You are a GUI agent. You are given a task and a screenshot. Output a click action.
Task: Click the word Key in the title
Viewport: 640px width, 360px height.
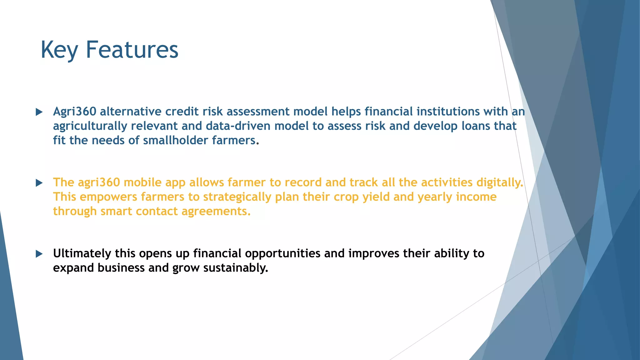coord(59,50)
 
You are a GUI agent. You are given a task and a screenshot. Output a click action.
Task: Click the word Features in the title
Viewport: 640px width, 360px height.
coord(132,50)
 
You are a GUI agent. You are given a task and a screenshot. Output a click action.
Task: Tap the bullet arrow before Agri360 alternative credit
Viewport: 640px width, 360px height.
coord(39,112)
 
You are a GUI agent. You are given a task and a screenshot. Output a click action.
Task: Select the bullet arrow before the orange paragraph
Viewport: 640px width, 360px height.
coord(39,183)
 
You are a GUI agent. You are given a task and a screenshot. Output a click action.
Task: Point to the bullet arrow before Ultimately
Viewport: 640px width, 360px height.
coord(39,254)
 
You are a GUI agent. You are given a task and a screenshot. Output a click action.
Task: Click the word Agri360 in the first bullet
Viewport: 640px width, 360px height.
coord(74,112)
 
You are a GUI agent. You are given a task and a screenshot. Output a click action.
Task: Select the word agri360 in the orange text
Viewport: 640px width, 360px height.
coord(99,182)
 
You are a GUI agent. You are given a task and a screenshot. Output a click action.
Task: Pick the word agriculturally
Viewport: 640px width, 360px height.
coord(90,126)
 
